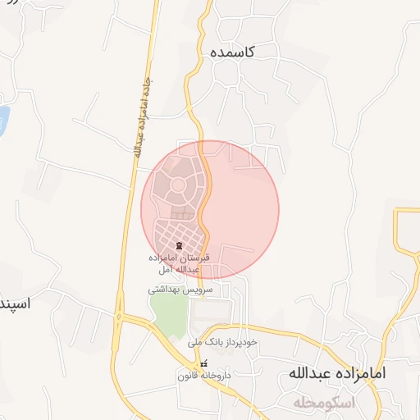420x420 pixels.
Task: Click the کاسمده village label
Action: [232, 52]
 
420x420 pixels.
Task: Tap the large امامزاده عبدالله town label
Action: [336, 373]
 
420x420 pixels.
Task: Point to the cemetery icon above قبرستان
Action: [178, 246]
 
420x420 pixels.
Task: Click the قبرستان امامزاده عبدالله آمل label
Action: [178, 262]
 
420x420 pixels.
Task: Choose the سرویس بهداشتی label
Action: [180, 290]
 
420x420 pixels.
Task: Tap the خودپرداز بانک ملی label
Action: [222, 341]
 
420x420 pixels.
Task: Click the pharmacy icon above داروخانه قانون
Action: [204, 363]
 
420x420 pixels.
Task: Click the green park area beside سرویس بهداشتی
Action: [168, 316]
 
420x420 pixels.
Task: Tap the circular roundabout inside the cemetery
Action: [177, 186]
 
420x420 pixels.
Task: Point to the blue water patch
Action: [2, 121]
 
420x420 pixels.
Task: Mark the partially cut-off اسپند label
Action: [15, 304]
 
